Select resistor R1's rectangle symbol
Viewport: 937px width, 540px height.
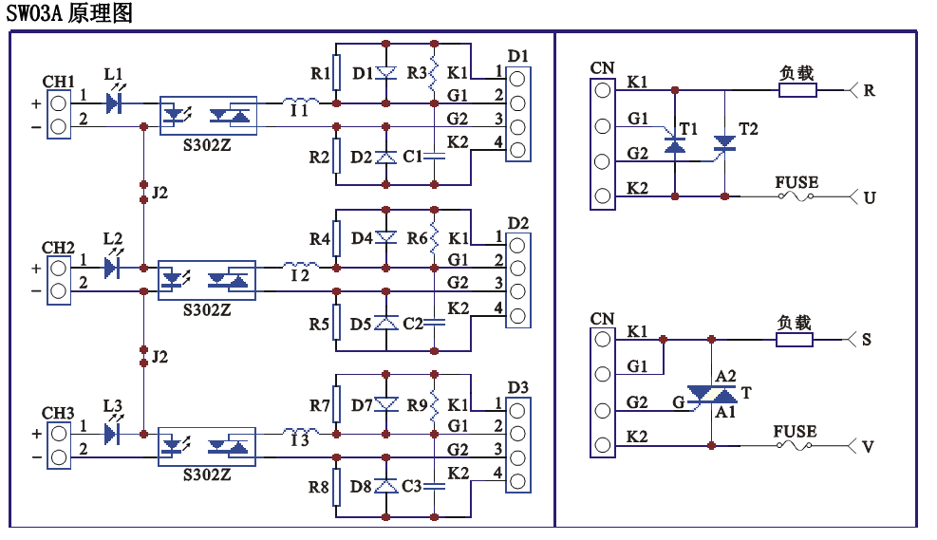[336, 73]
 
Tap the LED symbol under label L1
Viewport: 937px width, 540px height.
[115, 102]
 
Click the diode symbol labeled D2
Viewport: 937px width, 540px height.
[385, 157]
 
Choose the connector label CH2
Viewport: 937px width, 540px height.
[59, 249]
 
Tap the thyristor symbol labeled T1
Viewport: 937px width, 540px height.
[674, 145]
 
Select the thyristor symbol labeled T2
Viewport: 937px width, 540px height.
[724, 144]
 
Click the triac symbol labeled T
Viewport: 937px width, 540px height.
[711, 392]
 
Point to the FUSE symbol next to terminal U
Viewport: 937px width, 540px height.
[796, 196]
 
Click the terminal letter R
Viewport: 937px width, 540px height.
[870, 91]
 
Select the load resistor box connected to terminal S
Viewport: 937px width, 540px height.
[795, 339]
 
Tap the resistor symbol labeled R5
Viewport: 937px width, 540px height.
[336, 324]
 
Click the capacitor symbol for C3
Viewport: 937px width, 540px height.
[434, 486]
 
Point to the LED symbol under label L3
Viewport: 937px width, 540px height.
[113, 433]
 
